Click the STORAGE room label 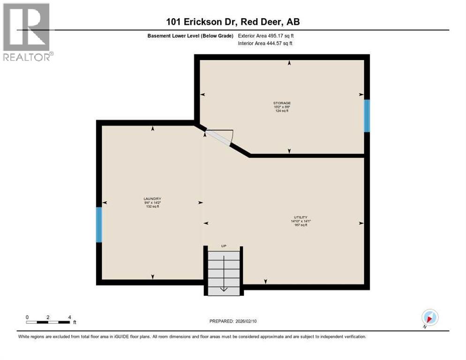(x=282, y=103)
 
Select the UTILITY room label (x=301, y=217)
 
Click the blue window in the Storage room (x=367, y=115)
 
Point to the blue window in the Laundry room (x=99, y=225)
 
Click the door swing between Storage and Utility (x=219, y=137)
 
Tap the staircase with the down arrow (x=224, y=272)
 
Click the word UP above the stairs (x=224, y=246)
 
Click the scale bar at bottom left (x=48, y=322)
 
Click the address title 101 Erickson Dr (x=233, y=22)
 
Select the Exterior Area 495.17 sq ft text (x=266, y=36)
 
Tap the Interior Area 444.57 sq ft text (x=266, y=44)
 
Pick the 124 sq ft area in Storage (x=282, y=111)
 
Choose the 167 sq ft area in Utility (x=301, y=225)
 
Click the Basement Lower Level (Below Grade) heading (x=190, y=36)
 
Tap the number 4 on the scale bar (x=69, y=317)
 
